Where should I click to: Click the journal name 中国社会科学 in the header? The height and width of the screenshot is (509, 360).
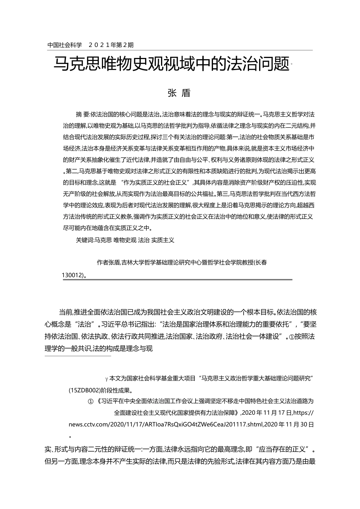65,45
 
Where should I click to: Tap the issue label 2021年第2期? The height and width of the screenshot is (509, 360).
111,45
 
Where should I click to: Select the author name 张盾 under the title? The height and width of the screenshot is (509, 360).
179,93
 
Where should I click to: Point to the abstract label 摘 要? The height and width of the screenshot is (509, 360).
82,114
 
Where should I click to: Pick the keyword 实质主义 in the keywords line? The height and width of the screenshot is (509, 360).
163,240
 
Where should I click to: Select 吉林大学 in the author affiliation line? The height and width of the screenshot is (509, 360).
133,262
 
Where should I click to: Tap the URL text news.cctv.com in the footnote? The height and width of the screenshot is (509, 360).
87,425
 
